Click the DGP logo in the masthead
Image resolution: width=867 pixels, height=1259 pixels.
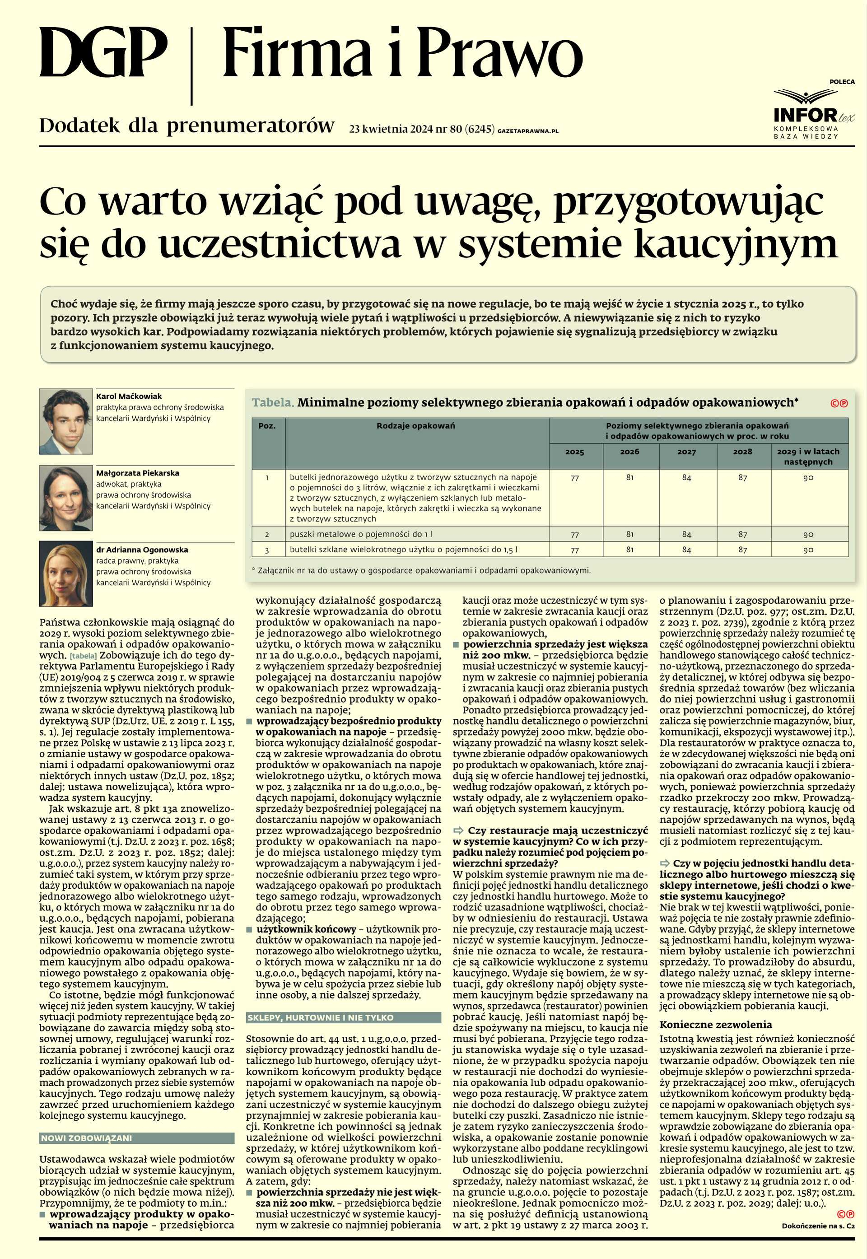click(103, 53)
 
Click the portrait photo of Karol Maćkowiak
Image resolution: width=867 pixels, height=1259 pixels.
click(66, 421)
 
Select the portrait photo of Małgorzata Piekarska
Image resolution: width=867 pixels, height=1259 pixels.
click(66, 498)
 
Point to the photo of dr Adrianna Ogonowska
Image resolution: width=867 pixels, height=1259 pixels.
click(66, 574)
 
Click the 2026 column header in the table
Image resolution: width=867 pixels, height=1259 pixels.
click(629, 451)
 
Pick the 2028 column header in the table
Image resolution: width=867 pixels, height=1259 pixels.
click(743, 451)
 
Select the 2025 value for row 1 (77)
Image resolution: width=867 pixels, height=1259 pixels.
click(575, 478)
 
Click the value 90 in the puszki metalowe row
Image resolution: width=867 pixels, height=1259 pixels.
click(808, 535)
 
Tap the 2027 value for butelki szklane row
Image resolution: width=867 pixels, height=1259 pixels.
click(687, 550)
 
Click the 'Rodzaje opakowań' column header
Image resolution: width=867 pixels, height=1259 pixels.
click(415, 426)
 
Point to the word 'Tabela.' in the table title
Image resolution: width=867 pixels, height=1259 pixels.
click(273, 402)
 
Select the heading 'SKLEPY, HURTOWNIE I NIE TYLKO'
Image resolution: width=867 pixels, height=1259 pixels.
click(321, 1017)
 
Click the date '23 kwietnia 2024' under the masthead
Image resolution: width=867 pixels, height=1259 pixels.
click(391, 129)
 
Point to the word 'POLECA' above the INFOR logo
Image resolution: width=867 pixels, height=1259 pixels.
click(841, 82)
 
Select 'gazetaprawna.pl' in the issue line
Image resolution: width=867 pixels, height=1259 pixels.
click(527, 131)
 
